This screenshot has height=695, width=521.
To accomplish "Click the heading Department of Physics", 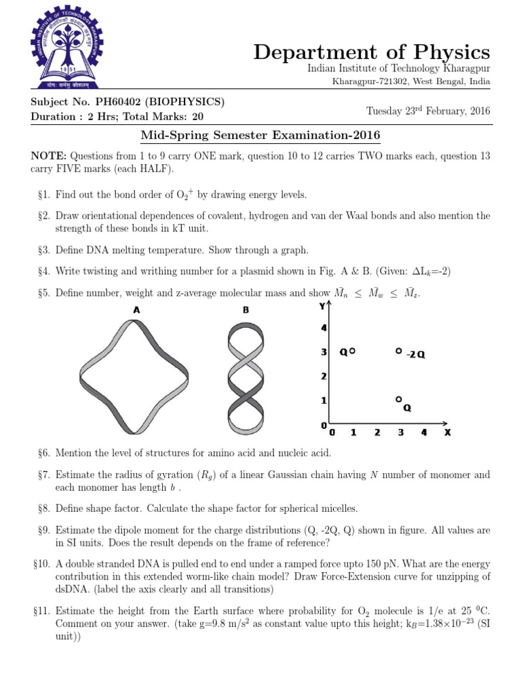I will (372, 52).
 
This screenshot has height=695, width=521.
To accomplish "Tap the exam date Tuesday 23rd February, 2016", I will (428, 111).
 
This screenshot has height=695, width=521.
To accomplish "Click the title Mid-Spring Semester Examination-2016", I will (260, 136).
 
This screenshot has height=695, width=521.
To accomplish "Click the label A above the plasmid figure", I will (136, 310).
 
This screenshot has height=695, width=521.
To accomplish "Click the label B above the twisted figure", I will (246, 310).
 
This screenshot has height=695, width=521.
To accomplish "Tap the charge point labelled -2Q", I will (399, 351).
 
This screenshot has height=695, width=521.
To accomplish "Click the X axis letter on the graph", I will (447, 432).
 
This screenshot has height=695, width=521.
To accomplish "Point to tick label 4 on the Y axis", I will (324, 328).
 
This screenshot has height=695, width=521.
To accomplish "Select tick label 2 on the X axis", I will (377, 432).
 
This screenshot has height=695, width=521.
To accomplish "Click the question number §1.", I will (44, 195).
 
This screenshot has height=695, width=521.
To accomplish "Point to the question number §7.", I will (44, 476).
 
